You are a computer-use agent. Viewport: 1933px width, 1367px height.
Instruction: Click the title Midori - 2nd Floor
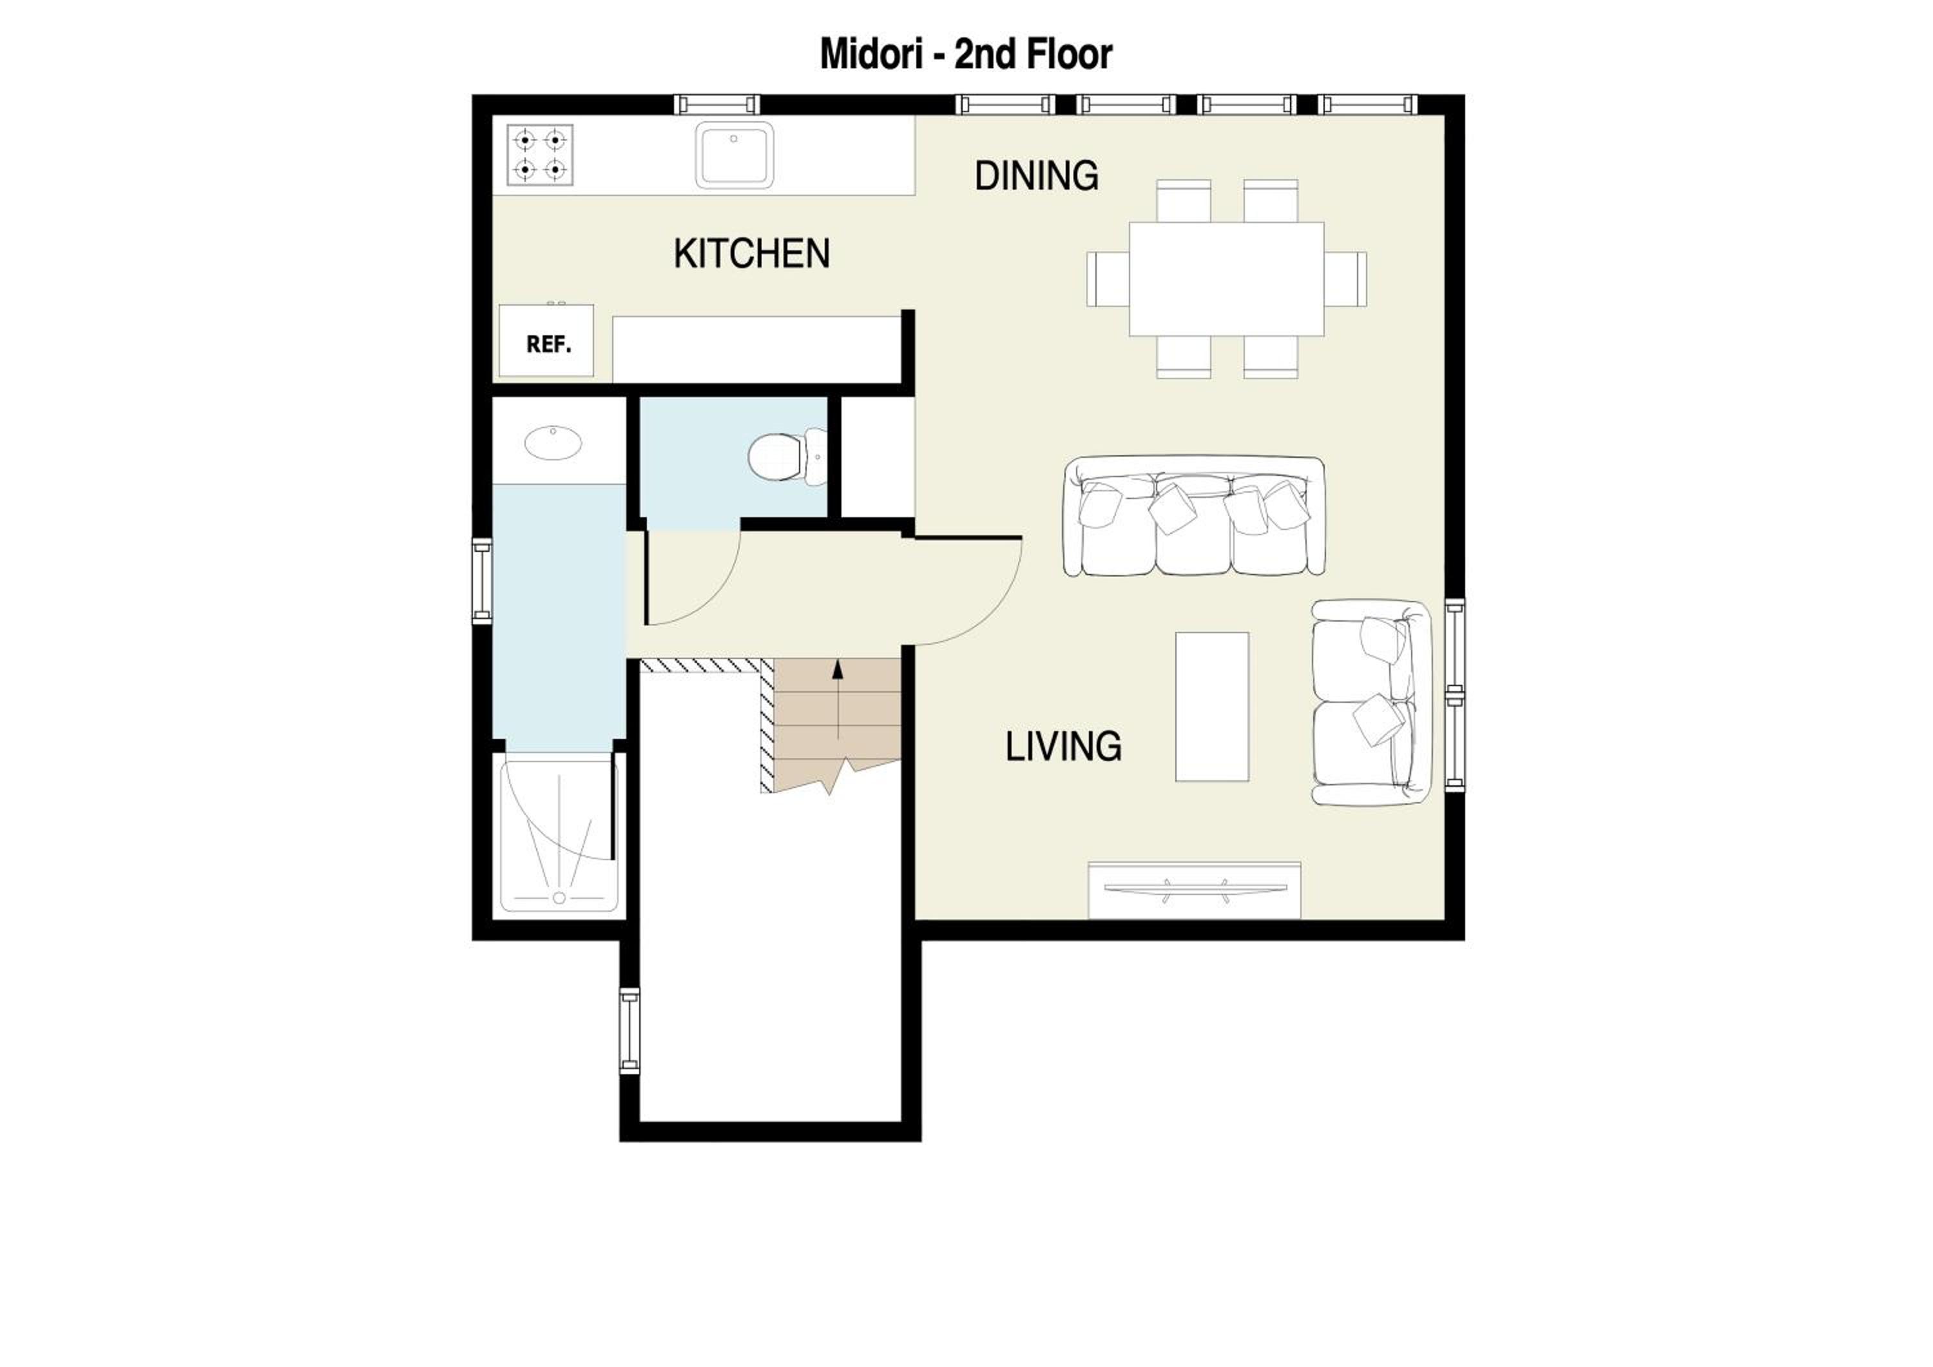coord(966,54)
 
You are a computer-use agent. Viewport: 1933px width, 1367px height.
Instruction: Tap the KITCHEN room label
coord(752,253)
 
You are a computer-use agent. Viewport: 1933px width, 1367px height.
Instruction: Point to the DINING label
coord(1036,176)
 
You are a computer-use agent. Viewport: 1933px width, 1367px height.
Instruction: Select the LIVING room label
coord(1063,746)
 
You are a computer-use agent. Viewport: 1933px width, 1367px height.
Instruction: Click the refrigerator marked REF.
coord(546,340)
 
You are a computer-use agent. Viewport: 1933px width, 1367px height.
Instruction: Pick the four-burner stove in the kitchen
coord(541,155)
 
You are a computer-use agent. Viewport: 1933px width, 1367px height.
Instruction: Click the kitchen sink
coord(734,155)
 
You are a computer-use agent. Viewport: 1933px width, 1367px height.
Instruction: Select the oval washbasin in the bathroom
coord(553,442)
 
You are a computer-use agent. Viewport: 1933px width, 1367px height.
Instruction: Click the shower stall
coord(559,832)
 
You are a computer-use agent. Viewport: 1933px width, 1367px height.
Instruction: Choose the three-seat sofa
coord(1194,517)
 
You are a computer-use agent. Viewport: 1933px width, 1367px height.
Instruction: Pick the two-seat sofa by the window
coord(1371,702)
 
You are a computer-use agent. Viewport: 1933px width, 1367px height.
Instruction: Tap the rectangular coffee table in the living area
coord(1213,707)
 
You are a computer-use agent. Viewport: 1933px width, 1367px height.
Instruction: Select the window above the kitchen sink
coord(717,104)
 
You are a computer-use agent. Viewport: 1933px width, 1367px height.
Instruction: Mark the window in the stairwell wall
coord(630,1031)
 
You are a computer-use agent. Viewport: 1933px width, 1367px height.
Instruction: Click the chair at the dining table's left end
coord(1108,279)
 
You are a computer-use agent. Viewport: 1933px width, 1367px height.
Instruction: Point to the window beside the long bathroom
coord(481,581)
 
